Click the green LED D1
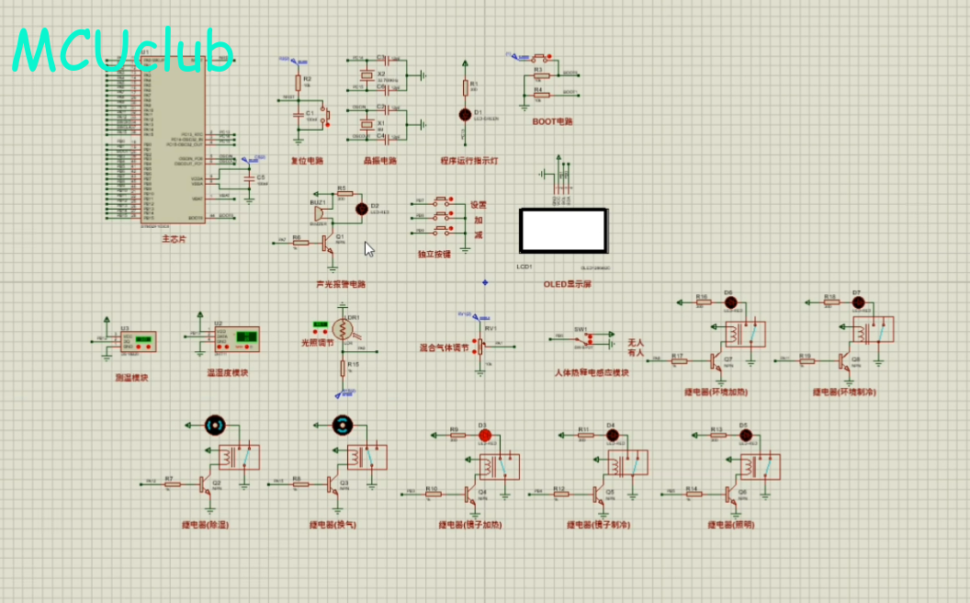coord(465,114)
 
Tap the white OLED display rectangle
coord(563,231)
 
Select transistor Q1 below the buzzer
coord(327,243)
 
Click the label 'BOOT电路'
coord(552,121)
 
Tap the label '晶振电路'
coord(380,161)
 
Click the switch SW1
coord(581,341)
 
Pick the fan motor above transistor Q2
coord(214,425)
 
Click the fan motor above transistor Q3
coord(342,425)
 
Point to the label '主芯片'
coord(174,239)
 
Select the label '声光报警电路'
coord(341,284)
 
